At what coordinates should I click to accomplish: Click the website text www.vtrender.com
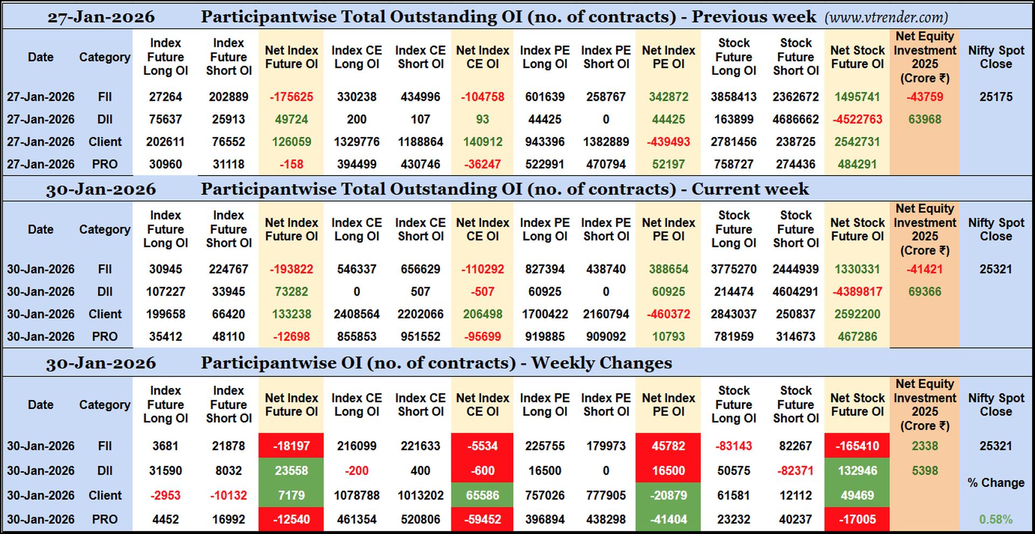pyautogui.click(x=886, y=17)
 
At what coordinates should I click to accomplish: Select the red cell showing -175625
pyautogui.click(x=291, y=97)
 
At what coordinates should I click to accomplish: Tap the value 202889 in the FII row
pyautogui.click(x=229, y=97)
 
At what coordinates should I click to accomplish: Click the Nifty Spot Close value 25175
pyautogui.click(x=996, y=97)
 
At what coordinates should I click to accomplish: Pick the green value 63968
pyautogui.click(x=924, y=119)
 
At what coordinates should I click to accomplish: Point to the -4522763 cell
pyautogui.click(x=857, y=119)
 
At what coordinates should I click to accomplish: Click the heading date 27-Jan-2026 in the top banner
pyautogui.click(x=101, y=17)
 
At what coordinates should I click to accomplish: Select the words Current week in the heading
pyautogui.click(x=750, y=189)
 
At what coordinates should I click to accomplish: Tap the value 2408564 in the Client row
pyautogui.click(x=356, y=314)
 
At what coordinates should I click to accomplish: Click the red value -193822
pyautogui.click(x=291, y=269)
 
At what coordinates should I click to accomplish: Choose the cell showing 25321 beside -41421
pyautogui.click(x=996, y=269)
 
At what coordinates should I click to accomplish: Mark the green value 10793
pyautogui.click(x=668, y=337)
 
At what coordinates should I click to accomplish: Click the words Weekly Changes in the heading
pyautogui.click(x=602, y=363)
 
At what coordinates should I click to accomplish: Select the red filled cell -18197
pyautogui.click(x=291, y=446)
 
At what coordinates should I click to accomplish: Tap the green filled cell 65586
pyautogui.click(x=482, y=495)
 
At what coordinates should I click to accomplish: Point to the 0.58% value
pyautogui.click(x=996, y=519)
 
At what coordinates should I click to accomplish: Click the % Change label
pyautogui.click(x=996, y=483)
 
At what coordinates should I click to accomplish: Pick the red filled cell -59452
pyautogui.click(x=482, y=519)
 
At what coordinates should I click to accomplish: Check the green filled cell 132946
pyautogui.click(x=857, y=470)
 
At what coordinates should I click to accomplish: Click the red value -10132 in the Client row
pyautogui.click(x=229, y=495)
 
